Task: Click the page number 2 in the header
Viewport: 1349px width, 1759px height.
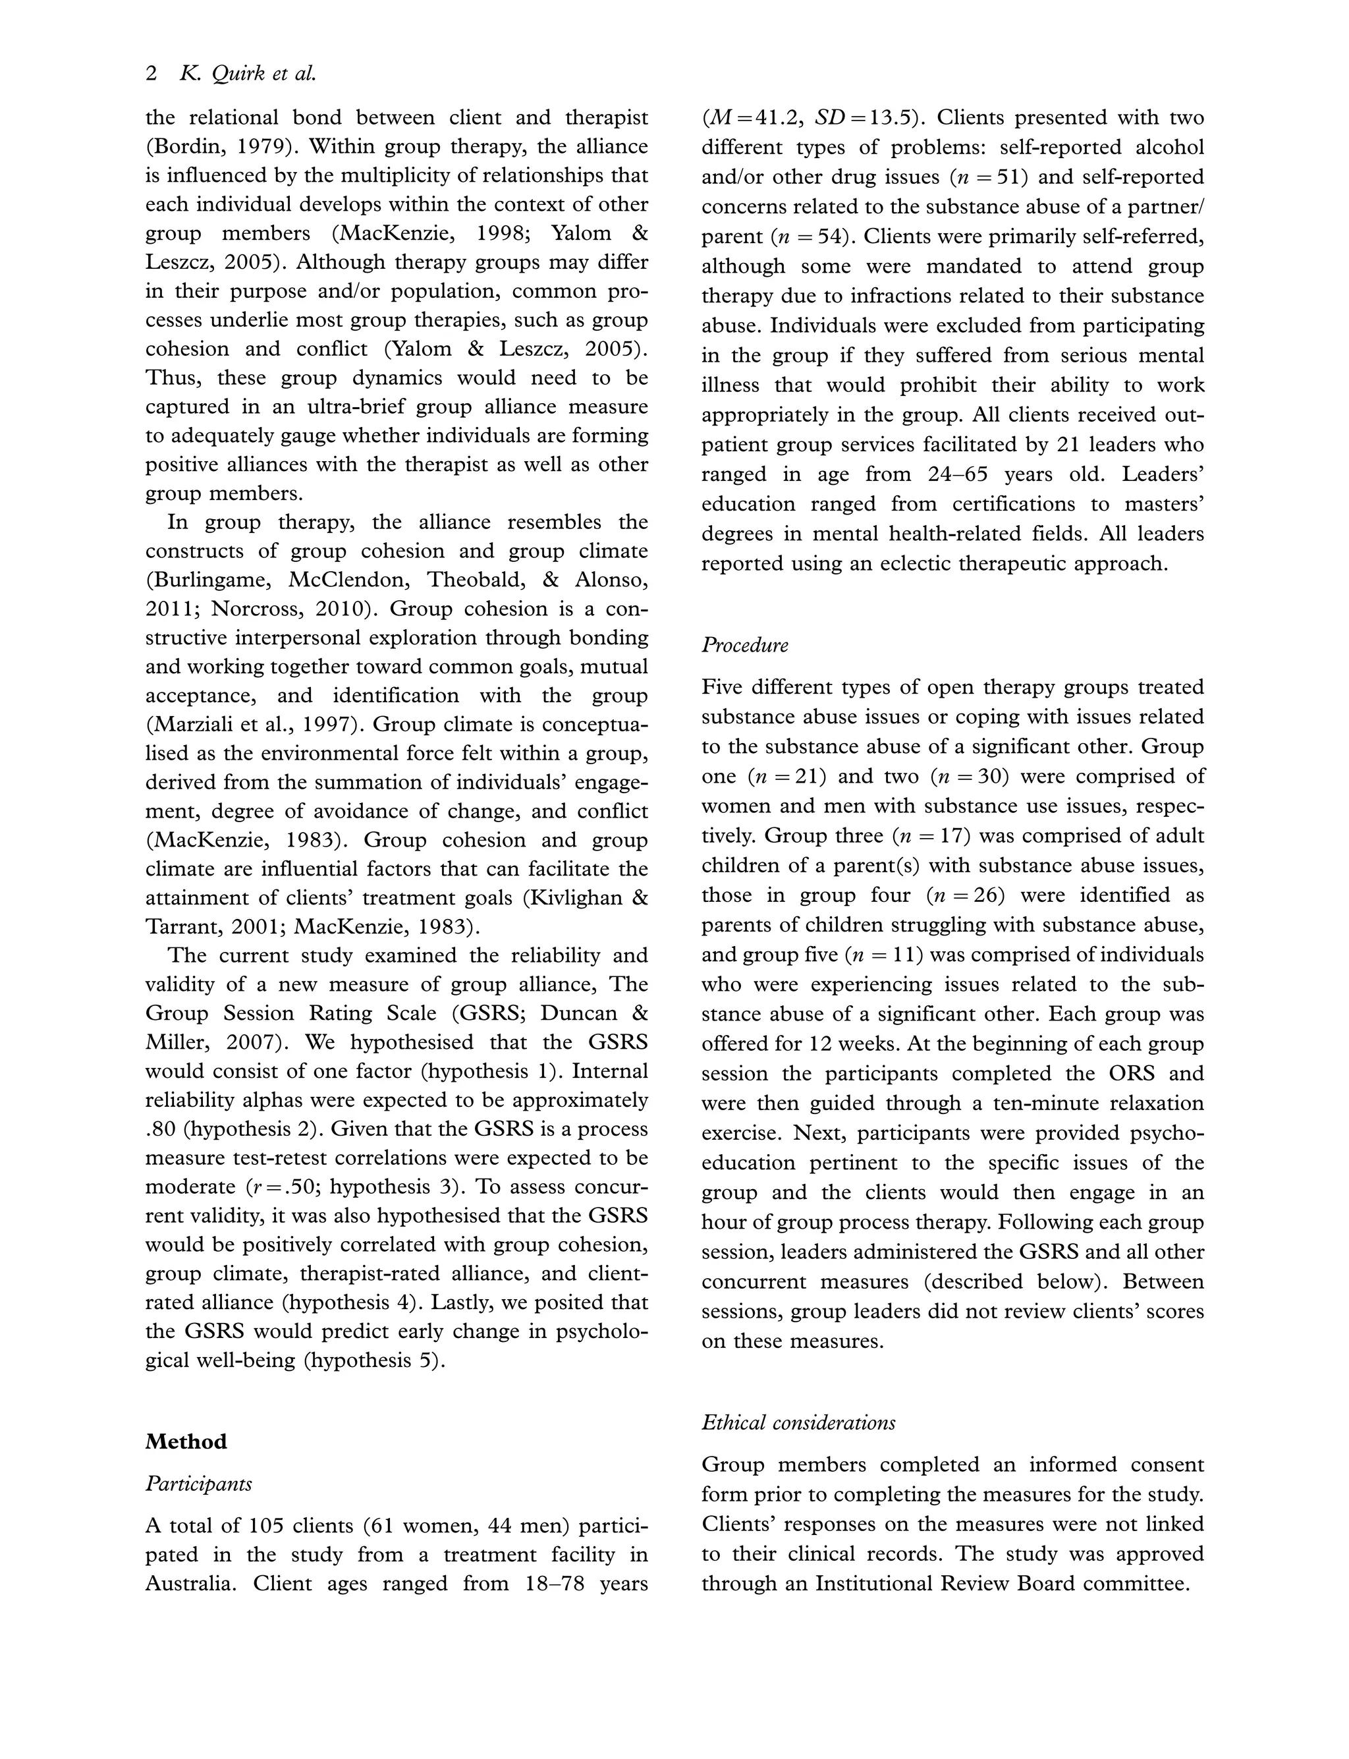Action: click(151, 74)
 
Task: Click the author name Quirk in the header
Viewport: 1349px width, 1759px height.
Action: click(237, 74)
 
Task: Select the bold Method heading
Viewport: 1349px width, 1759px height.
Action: click(186, 1441)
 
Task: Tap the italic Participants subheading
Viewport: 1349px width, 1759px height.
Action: click(198, 1484)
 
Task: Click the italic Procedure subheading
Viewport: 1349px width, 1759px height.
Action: click(744, 645)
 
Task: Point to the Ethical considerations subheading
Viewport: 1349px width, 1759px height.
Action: click(798, 1422)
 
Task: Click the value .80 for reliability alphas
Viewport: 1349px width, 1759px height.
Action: click(161, 1129)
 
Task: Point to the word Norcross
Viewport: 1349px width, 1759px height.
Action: click(260, 609)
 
